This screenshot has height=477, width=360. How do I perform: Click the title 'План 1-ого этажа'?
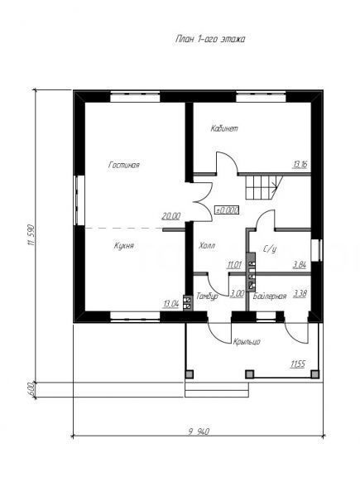210,39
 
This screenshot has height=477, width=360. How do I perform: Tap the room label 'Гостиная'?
124,165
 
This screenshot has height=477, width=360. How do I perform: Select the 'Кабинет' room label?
224,128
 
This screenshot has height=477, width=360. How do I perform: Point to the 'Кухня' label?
124,245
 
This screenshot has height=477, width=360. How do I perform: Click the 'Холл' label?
207,245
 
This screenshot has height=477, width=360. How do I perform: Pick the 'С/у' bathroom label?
270,249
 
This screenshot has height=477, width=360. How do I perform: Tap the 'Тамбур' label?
207,296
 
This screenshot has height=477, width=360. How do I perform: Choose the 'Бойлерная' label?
270,296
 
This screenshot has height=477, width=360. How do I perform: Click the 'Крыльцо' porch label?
247,342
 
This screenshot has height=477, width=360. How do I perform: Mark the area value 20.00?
170,216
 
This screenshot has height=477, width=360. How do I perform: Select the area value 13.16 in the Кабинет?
300,165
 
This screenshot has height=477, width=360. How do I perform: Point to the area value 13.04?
170,304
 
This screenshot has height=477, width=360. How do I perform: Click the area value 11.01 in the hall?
234,265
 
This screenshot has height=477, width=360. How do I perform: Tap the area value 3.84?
300,265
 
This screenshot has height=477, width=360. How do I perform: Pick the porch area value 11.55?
298,364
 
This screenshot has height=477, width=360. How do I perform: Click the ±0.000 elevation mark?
227,210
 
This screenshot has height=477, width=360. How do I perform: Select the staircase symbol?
264,188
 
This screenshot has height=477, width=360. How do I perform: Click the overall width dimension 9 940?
199,431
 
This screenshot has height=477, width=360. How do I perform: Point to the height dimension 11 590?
30,235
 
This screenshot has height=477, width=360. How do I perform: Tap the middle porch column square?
249,374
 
